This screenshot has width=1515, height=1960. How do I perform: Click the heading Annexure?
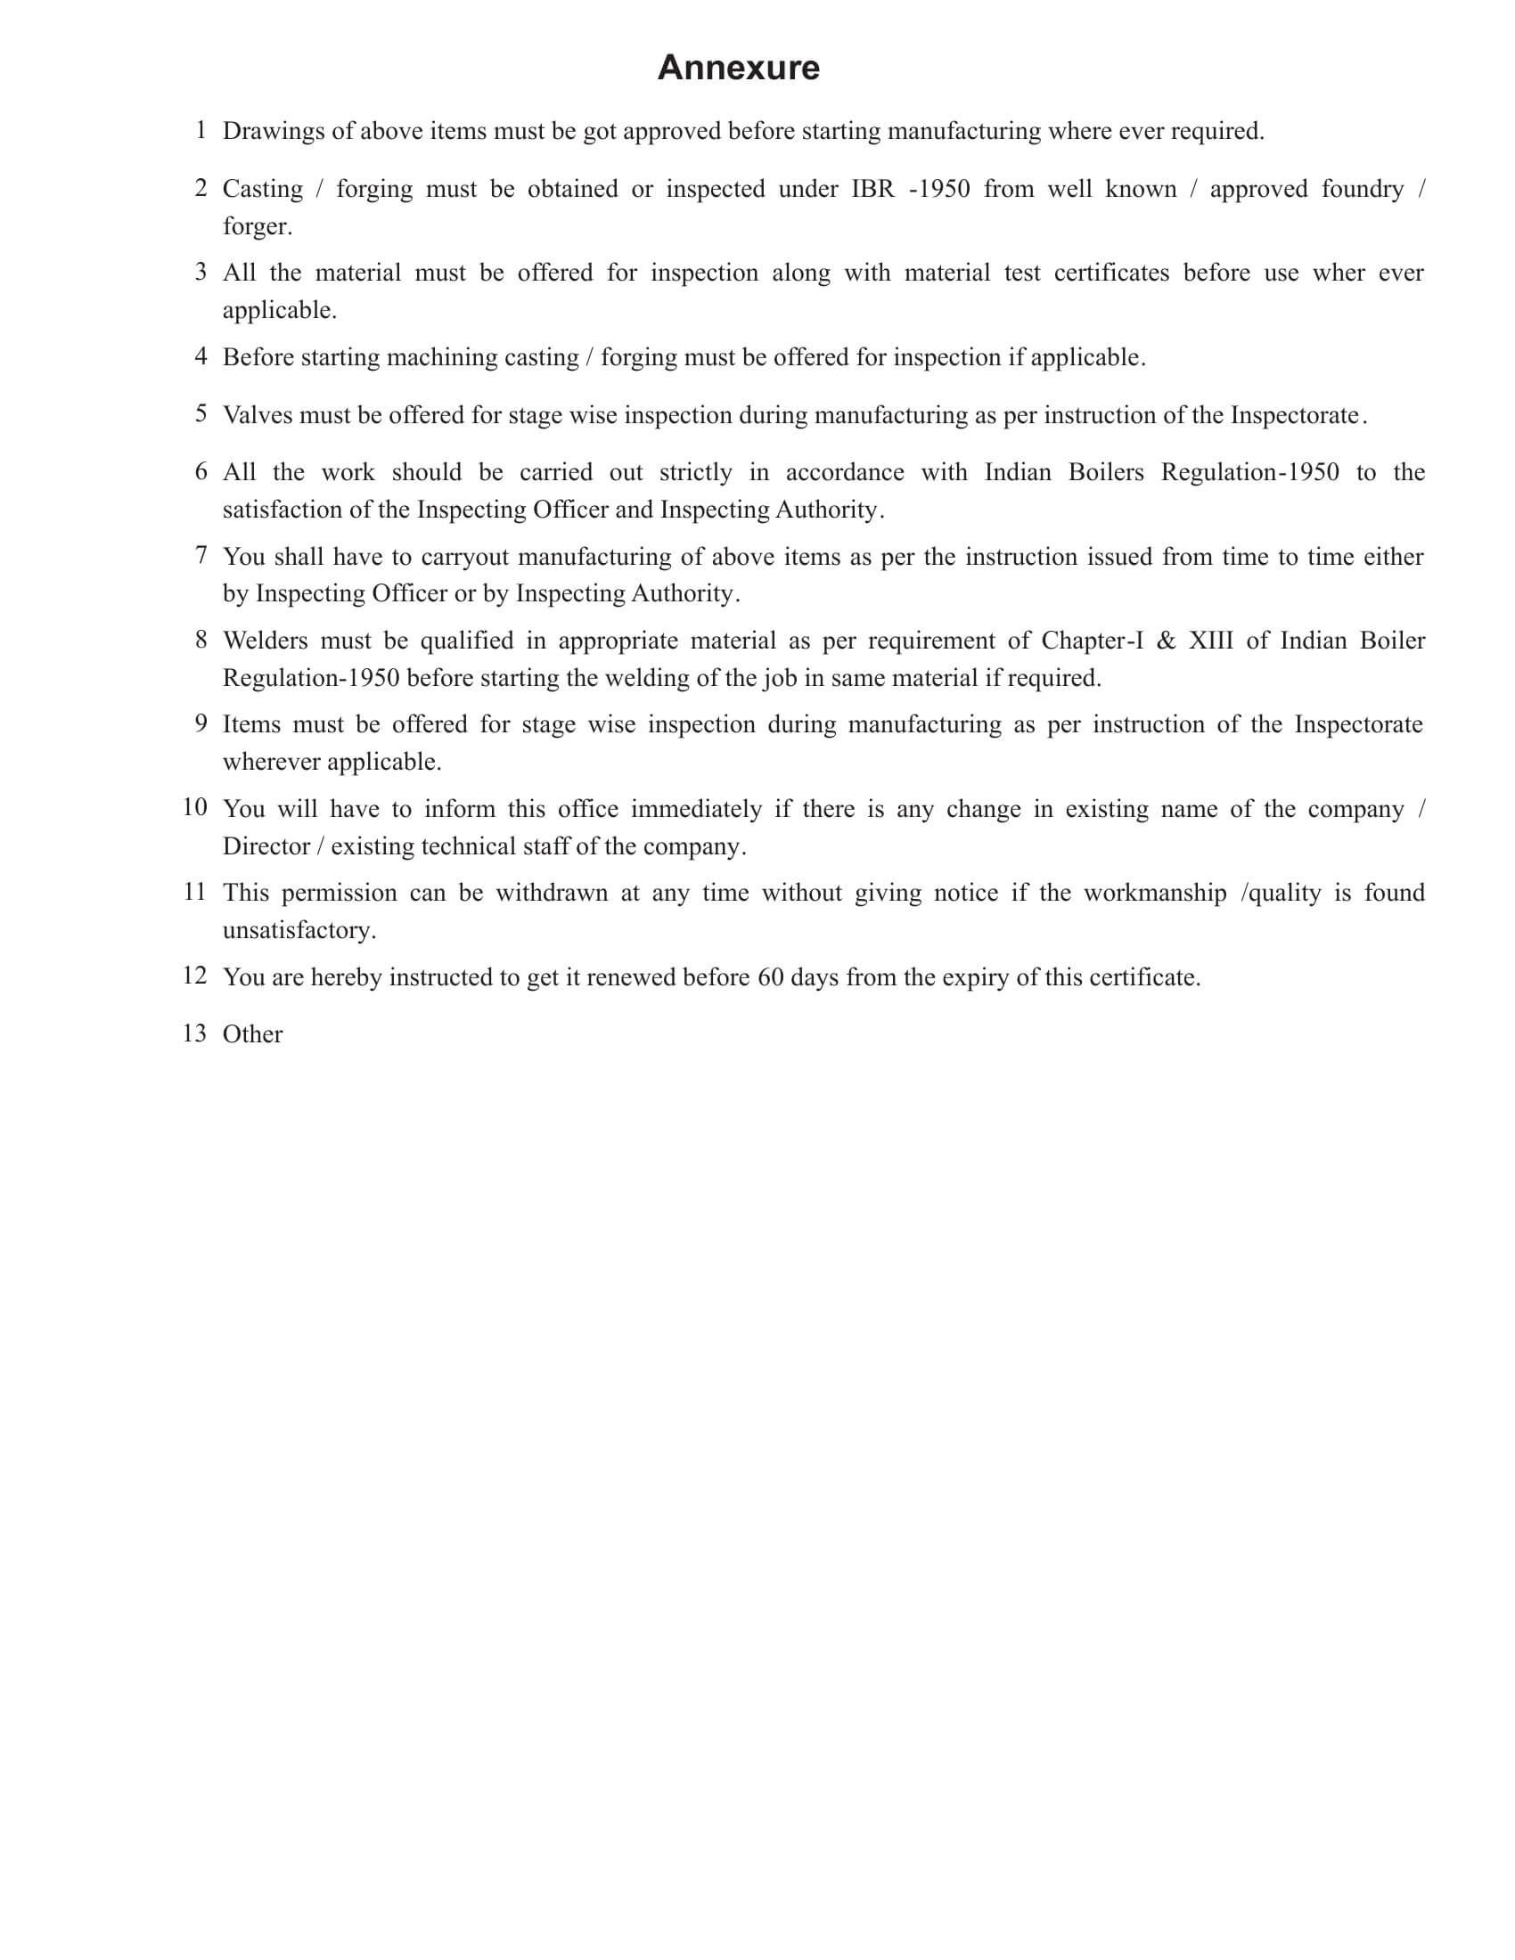click(738, 69)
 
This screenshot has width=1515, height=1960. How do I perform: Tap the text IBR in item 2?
click(872, 189)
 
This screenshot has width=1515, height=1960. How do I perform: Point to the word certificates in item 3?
click(1111, 273)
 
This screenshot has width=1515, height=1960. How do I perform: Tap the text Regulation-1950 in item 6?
click(1249, 472)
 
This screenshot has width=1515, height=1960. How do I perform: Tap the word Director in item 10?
click(266, 846)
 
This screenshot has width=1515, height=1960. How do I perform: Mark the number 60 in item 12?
click(770, 977)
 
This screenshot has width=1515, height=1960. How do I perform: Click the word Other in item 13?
click(252, 1034)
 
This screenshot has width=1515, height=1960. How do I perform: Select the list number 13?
click(194, 1033)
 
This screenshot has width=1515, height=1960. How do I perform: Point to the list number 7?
click(201, 556)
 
